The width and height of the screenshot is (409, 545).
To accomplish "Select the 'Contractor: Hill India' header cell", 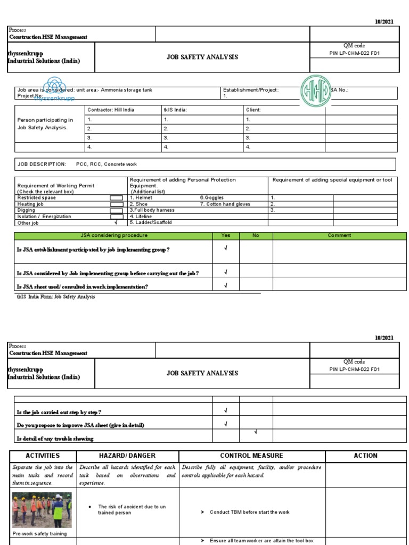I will coord(111,110).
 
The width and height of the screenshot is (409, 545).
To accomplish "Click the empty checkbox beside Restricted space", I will coord(116,198).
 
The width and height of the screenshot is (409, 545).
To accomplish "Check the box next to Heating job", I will coord(116,204).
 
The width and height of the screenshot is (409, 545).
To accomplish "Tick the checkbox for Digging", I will coord(116,211).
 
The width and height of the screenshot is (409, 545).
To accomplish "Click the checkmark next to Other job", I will coord(116,222).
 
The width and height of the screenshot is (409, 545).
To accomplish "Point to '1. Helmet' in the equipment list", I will coord(141,197).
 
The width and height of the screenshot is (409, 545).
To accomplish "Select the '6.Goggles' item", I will coord(211,197).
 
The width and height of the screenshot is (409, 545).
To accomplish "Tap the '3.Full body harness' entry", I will coord(152,210).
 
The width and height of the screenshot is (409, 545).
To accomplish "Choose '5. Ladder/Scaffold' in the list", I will coord(151,222).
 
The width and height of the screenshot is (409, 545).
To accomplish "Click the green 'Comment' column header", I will coord(339,235).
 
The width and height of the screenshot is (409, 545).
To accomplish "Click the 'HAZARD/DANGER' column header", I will coord(127,456).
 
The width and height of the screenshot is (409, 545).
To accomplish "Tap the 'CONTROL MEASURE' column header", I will coord(251,456).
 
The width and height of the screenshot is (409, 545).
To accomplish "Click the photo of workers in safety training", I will coord(42,510).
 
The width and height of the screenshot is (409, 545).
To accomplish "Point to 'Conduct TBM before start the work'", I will coord(249,512).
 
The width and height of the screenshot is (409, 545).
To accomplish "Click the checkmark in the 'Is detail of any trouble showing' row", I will coord(256,432).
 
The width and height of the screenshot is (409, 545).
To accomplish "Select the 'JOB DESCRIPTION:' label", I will coord(42,164).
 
